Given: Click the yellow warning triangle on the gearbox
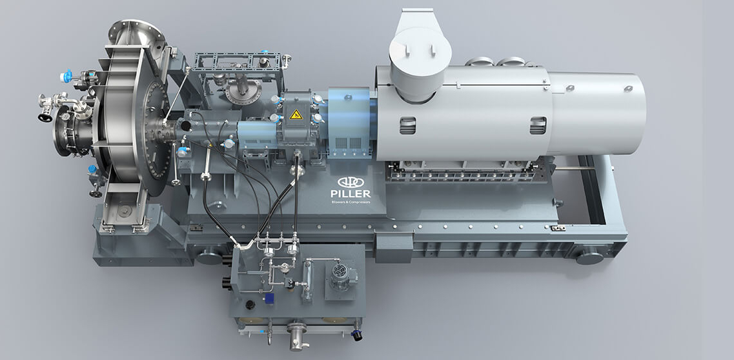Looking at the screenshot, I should [x=296, y=114].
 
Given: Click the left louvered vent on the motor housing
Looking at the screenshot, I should [x=407, y=126].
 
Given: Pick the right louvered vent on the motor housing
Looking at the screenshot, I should [x=538, y=126].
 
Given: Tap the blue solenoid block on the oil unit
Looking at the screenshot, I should [x=269, y=298].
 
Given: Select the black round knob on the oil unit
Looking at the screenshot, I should [x=250, y=305].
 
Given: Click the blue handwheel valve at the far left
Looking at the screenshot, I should [x=66, y=77].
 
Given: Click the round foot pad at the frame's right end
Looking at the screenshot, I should [x=589, y=257].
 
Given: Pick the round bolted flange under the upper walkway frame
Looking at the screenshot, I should [x=243, y=92].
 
